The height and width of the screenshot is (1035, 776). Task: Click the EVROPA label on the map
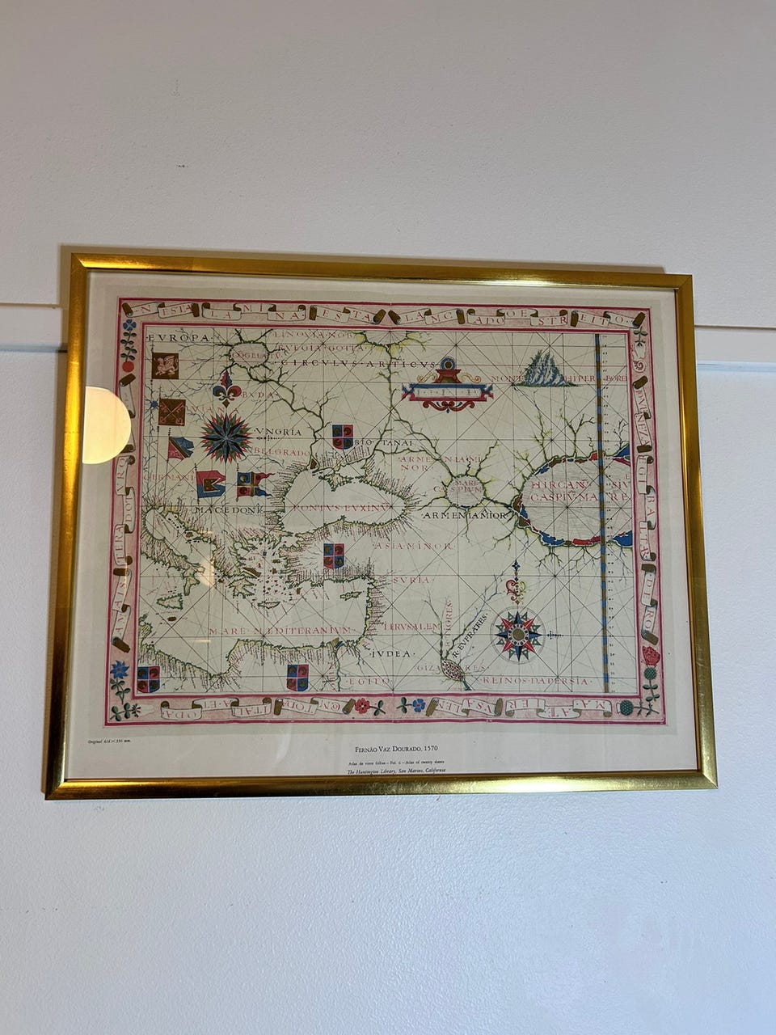pos(179,337)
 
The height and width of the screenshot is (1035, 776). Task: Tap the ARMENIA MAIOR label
pos(465,515)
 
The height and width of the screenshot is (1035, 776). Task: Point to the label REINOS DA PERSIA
pos(534,681)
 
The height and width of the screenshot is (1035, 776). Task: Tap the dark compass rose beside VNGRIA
pos(226,437)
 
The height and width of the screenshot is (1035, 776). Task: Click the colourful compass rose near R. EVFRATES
pos(517,634)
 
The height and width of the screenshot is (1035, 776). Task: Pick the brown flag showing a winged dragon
pos(166,365)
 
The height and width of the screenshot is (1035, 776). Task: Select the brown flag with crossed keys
pos(171,412)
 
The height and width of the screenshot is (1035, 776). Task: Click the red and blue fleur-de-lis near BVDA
pos(226,388)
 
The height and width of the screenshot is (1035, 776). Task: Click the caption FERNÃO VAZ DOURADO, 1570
pos(390,750)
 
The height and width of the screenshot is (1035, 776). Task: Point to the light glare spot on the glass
pos(105,425)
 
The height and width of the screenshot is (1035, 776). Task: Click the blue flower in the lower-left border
pos(120,670)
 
